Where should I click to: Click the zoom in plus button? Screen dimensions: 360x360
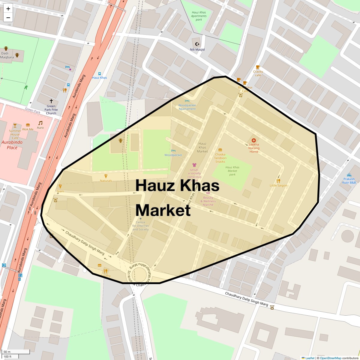[x=8, y=9]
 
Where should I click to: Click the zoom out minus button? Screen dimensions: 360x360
[x=8, y=18]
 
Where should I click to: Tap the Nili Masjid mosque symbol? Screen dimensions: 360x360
[x=197, y=44]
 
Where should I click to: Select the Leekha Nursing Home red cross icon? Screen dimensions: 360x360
[x=254, y=140]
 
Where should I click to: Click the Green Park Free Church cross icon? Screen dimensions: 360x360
[x=51, y=101]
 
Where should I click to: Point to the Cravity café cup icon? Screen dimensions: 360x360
[x=258, y=67]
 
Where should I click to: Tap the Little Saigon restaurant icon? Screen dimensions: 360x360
[x=278, y=181]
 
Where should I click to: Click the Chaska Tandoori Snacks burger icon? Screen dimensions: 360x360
[x=220, y=150]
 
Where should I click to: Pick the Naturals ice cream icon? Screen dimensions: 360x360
[x=106, y=176]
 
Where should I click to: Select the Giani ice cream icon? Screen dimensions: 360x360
[x=60, y=186]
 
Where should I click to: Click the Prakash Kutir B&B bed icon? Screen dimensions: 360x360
[x=349, y=175]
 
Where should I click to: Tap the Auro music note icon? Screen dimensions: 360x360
[x=40, y=123]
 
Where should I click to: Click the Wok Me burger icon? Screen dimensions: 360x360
[x=28, y=125]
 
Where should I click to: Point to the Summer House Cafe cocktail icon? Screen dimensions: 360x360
[x=15, y=125]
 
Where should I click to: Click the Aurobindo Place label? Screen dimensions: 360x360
[x=12, y=145]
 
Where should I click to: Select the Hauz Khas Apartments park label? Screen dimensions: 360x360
[x=199, y=16]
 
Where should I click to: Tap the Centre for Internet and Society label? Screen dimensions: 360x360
[x=140, y=226]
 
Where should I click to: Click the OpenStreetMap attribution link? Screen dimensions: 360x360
[x=330, y=358]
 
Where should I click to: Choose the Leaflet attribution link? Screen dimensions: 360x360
[x=310, y=358]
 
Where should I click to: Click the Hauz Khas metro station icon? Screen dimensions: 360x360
[x=100, y=73]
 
